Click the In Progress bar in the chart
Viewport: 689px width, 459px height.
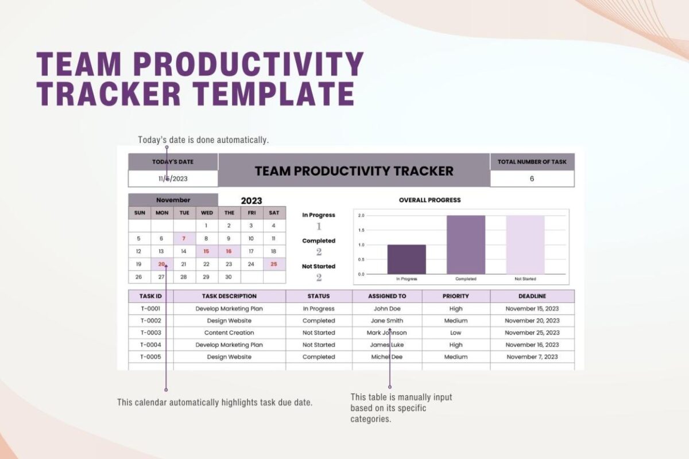pos(407,259)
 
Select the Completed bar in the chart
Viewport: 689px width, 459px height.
pos(466,245)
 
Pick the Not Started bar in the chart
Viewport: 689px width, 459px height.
pos(525,245)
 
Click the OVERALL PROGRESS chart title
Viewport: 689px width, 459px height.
pos(429,200)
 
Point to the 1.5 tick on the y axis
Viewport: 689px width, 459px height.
pos(361,230)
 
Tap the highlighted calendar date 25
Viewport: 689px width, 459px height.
pos(274,264)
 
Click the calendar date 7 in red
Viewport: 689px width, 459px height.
pos(184,239)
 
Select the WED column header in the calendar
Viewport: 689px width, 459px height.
pos(207,213)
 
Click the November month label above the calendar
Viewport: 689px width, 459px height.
pos(173,200)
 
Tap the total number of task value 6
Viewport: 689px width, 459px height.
pos(532,178)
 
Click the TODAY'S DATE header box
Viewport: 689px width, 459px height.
pos(173,162)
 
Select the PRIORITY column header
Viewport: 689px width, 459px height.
pos(456,296)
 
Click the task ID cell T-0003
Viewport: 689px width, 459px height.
pos(150,333)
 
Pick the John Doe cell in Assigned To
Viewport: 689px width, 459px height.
pos(387,309)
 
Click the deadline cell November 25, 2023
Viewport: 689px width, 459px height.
pos(532,333)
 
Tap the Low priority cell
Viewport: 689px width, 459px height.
pos(456,333)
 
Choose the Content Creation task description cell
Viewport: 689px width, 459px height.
pos(229,333)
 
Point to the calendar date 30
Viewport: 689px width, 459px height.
pos(229,277)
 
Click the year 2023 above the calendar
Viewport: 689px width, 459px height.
pos(251,201)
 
